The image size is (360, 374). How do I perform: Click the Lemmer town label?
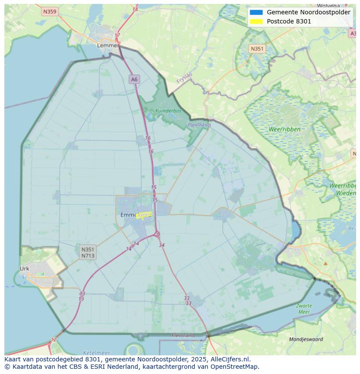[x=108, y=45]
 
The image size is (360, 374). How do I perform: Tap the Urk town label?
[x=24, y=268]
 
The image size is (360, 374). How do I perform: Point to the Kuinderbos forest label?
[x=168, y=111]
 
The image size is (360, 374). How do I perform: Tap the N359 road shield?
[x=50, y=12]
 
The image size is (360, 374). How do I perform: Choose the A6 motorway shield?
[x=134, y=79]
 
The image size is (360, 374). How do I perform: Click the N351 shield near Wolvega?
[x=257, y=49]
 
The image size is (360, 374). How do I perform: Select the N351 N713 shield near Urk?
[x=88, y=252]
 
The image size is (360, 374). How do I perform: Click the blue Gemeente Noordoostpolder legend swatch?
[x=256, y=12]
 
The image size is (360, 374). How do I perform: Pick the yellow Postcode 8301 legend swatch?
[x=256, y=21]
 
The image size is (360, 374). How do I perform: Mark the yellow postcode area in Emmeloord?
[x=143, y=215]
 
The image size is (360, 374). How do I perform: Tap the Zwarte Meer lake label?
[x=304, y=309]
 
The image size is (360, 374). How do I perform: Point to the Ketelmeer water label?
[x=96, y=353]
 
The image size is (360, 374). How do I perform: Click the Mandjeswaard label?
[x=306, y=339]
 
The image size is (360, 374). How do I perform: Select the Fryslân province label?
[x=184, y=78]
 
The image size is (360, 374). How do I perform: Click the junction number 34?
[x=162, y=245]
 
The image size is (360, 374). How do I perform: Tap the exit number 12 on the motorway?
[x=53, y=340]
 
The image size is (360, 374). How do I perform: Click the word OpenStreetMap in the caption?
[x=233, y=367]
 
